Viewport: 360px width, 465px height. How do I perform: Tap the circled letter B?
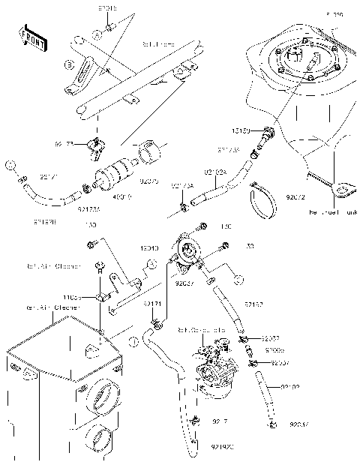tap(68, 65)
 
